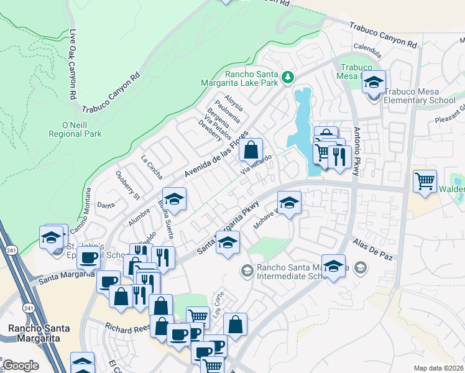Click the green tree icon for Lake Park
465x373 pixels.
click(x=287, y=77)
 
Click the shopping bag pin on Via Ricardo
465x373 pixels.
click(x=251, y=150)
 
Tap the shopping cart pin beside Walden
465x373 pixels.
click(x=425, y=182)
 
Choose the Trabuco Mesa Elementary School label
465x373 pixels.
click(x=420, y=95)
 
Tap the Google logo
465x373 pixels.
click(x=21, y=366)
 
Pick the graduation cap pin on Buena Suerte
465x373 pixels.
click(x=175, y=199)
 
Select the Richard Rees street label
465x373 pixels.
click(x=127, y=326)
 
